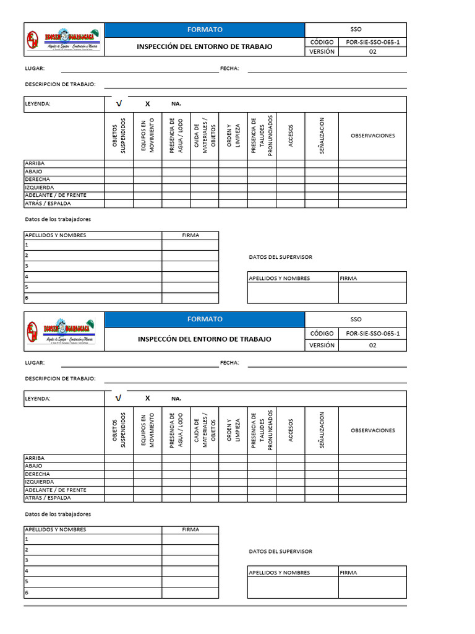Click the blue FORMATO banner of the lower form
(x=205, y=319)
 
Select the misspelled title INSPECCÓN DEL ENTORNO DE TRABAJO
(x=204, y=339)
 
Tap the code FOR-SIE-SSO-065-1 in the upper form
(x=372, y=42)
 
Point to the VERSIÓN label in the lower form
(x=322, y=345)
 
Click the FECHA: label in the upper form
(x=229, y=69)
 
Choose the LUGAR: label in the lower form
(x=35, y=363)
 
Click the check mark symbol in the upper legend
(x=119, y=104)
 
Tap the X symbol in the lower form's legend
(x=147, y=398)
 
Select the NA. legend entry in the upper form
(x=176, y=104)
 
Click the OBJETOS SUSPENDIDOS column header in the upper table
(x=119, y=136)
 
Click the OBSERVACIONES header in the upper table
(x=372, y=136)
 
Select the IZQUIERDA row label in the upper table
(x=39, y=188)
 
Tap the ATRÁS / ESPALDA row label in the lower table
(x=48, y=498)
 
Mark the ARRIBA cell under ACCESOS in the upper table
(x=290, y=163)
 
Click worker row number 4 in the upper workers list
(x=27, y=276)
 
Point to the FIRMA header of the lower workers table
(x=190, y=529)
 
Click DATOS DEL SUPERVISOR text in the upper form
(x=280, y=257)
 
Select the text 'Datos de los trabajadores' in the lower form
(x=58, y=514)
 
